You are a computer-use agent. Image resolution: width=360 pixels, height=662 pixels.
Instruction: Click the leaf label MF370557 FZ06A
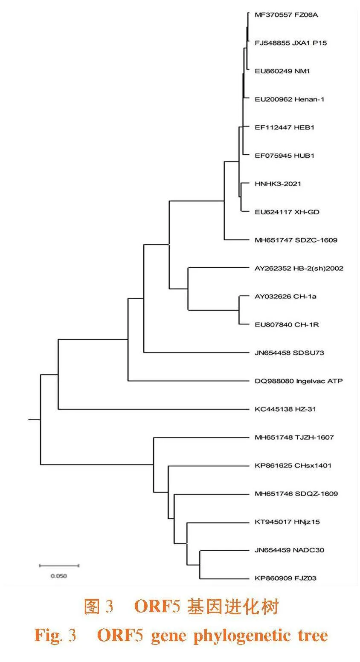click(x=286, y=15)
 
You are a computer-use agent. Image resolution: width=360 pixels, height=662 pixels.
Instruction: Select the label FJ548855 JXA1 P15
click(x=291, y=43)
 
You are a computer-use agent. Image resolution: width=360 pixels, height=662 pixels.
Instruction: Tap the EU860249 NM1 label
click(x=282, y=71)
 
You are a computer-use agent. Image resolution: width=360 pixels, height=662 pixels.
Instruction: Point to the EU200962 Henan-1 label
click(x=289, y=99)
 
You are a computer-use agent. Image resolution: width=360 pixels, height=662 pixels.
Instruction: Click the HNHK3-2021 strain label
click(x=278, y=184)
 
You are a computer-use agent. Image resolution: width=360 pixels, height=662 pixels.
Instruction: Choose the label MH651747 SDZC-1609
click(x=296, y=240)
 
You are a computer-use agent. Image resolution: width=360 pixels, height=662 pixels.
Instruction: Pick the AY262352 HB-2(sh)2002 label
click(x=299, y=269)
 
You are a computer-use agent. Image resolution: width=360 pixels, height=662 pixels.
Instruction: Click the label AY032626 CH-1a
click(x=285, y=296)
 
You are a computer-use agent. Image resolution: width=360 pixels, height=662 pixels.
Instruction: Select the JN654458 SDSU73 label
click(x=289, y=353)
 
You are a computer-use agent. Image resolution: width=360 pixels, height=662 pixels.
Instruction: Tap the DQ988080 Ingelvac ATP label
click(x=299, y=381)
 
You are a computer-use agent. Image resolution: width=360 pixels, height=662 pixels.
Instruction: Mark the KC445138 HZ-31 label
click(x=285, y=409)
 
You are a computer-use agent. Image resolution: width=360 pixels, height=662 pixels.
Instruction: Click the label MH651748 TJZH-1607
click(x=294, y=437)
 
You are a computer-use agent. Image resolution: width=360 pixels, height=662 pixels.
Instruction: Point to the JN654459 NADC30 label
click(x=289, y=550)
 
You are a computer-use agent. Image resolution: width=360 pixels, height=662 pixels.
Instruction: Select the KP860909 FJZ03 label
click(x=285, y=578)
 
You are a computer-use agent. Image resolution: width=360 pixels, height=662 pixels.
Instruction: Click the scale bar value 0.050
click(x=58, y=576)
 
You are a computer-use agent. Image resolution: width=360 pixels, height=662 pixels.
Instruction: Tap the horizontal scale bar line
click(x=59, y=566)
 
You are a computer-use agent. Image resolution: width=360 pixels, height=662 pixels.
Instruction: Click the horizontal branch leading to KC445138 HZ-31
click(x=154, y=409)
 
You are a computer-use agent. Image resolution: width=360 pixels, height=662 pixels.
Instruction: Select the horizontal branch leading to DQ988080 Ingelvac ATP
click(x=189, y=381)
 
